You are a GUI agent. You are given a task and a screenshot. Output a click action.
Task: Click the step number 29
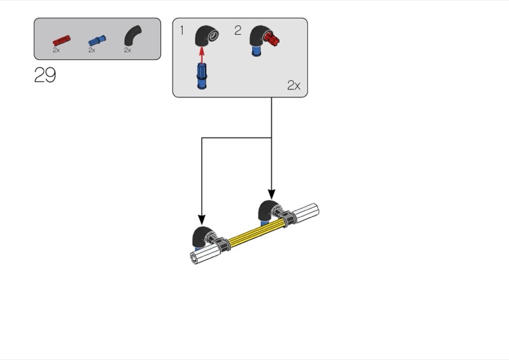(45, 75)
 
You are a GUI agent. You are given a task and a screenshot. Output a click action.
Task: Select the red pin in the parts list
(62, 41)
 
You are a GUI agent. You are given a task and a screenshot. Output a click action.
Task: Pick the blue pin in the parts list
(97, 41)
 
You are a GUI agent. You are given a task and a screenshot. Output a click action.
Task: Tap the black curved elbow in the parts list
(132, 35)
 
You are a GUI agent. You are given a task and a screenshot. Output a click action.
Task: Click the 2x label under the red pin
(56, 50)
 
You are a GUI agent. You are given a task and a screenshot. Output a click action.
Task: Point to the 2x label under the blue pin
(92, 50)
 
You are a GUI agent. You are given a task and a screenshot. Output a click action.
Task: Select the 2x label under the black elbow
(127, 50)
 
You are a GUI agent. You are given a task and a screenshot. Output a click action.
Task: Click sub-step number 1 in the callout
(182, 31)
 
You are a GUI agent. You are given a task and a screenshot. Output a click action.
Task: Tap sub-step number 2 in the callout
(237, 31)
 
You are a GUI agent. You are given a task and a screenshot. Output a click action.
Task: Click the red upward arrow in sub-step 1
(202, 55)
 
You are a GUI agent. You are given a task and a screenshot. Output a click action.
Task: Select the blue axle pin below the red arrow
(202, 76)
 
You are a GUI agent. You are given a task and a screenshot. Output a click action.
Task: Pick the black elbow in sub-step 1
(206, 36)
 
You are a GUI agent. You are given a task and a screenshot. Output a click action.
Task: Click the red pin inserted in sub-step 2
(272, 39)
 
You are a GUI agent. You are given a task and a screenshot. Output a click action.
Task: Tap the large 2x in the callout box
(294, 85)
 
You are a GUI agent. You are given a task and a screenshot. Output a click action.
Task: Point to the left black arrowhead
(202, 220)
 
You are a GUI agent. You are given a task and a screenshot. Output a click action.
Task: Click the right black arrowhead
(272, 195)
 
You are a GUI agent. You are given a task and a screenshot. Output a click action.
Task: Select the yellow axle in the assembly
(256, 232)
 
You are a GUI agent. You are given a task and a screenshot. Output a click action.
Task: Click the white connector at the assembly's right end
(305, 212)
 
